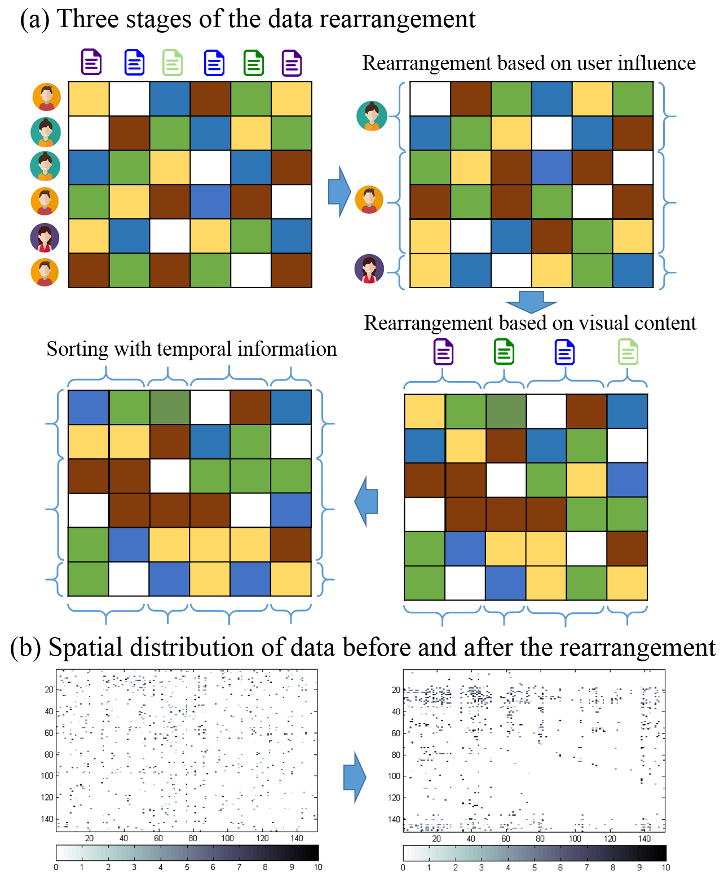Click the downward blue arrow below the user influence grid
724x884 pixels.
click(531, 301)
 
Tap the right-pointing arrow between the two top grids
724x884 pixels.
click(339, 192)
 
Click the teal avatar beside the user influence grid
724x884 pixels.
click(372, 116)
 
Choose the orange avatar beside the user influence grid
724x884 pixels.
click(369, 200)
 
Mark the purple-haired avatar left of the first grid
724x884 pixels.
click(45, 237)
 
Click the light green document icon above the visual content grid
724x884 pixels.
click(628, 352)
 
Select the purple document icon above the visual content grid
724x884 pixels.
click(443, 352)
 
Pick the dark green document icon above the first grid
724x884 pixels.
click(254, 63)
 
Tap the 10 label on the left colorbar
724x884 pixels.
click(318, 867)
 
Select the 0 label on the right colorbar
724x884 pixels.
click(403, 867)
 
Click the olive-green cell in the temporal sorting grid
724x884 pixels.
click(170, 407)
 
